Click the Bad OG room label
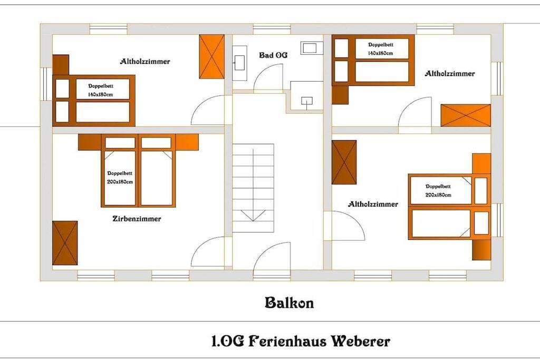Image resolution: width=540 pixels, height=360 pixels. tap(273, 55)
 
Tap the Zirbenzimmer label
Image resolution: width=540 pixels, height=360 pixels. tap(137, 219)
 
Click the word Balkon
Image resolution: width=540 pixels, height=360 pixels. tap(290, 303)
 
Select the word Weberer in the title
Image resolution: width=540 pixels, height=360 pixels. tap(361, 341)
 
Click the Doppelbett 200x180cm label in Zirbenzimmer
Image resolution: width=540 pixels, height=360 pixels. tap(120, 178)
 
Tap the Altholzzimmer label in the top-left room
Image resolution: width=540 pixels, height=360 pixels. tap(145, 61)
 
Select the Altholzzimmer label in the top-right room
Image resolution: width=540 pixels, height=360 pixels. tap(449, 73)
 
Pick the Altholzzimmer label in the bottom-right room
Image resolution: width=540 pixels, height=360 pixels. tap(373, 204)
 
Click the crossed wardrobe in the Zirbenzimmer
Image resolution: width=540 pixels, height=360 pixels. tap(65, 243)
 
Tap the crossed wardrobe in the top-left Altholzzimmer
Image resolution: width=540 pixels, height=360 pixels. tap(212, 56)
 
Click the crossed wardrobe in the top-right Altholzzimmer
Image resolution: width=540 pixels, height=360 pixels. tap(466, 115)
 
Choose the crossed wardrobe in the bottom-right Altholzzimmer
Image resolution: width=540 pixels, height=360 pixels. tap(344, 162)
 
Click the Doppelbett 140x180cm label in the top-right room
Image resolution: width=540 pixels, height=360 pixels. tap(381, 49)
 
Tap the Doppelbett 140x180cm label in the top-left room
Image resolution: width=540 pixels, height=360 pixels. tap(101, 90)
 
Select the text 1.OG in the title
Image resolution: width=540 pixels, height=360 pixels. tap(228, 341)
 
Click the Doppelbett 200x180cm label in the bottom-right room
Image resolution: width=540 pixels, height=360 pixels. tap(438, 191)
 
